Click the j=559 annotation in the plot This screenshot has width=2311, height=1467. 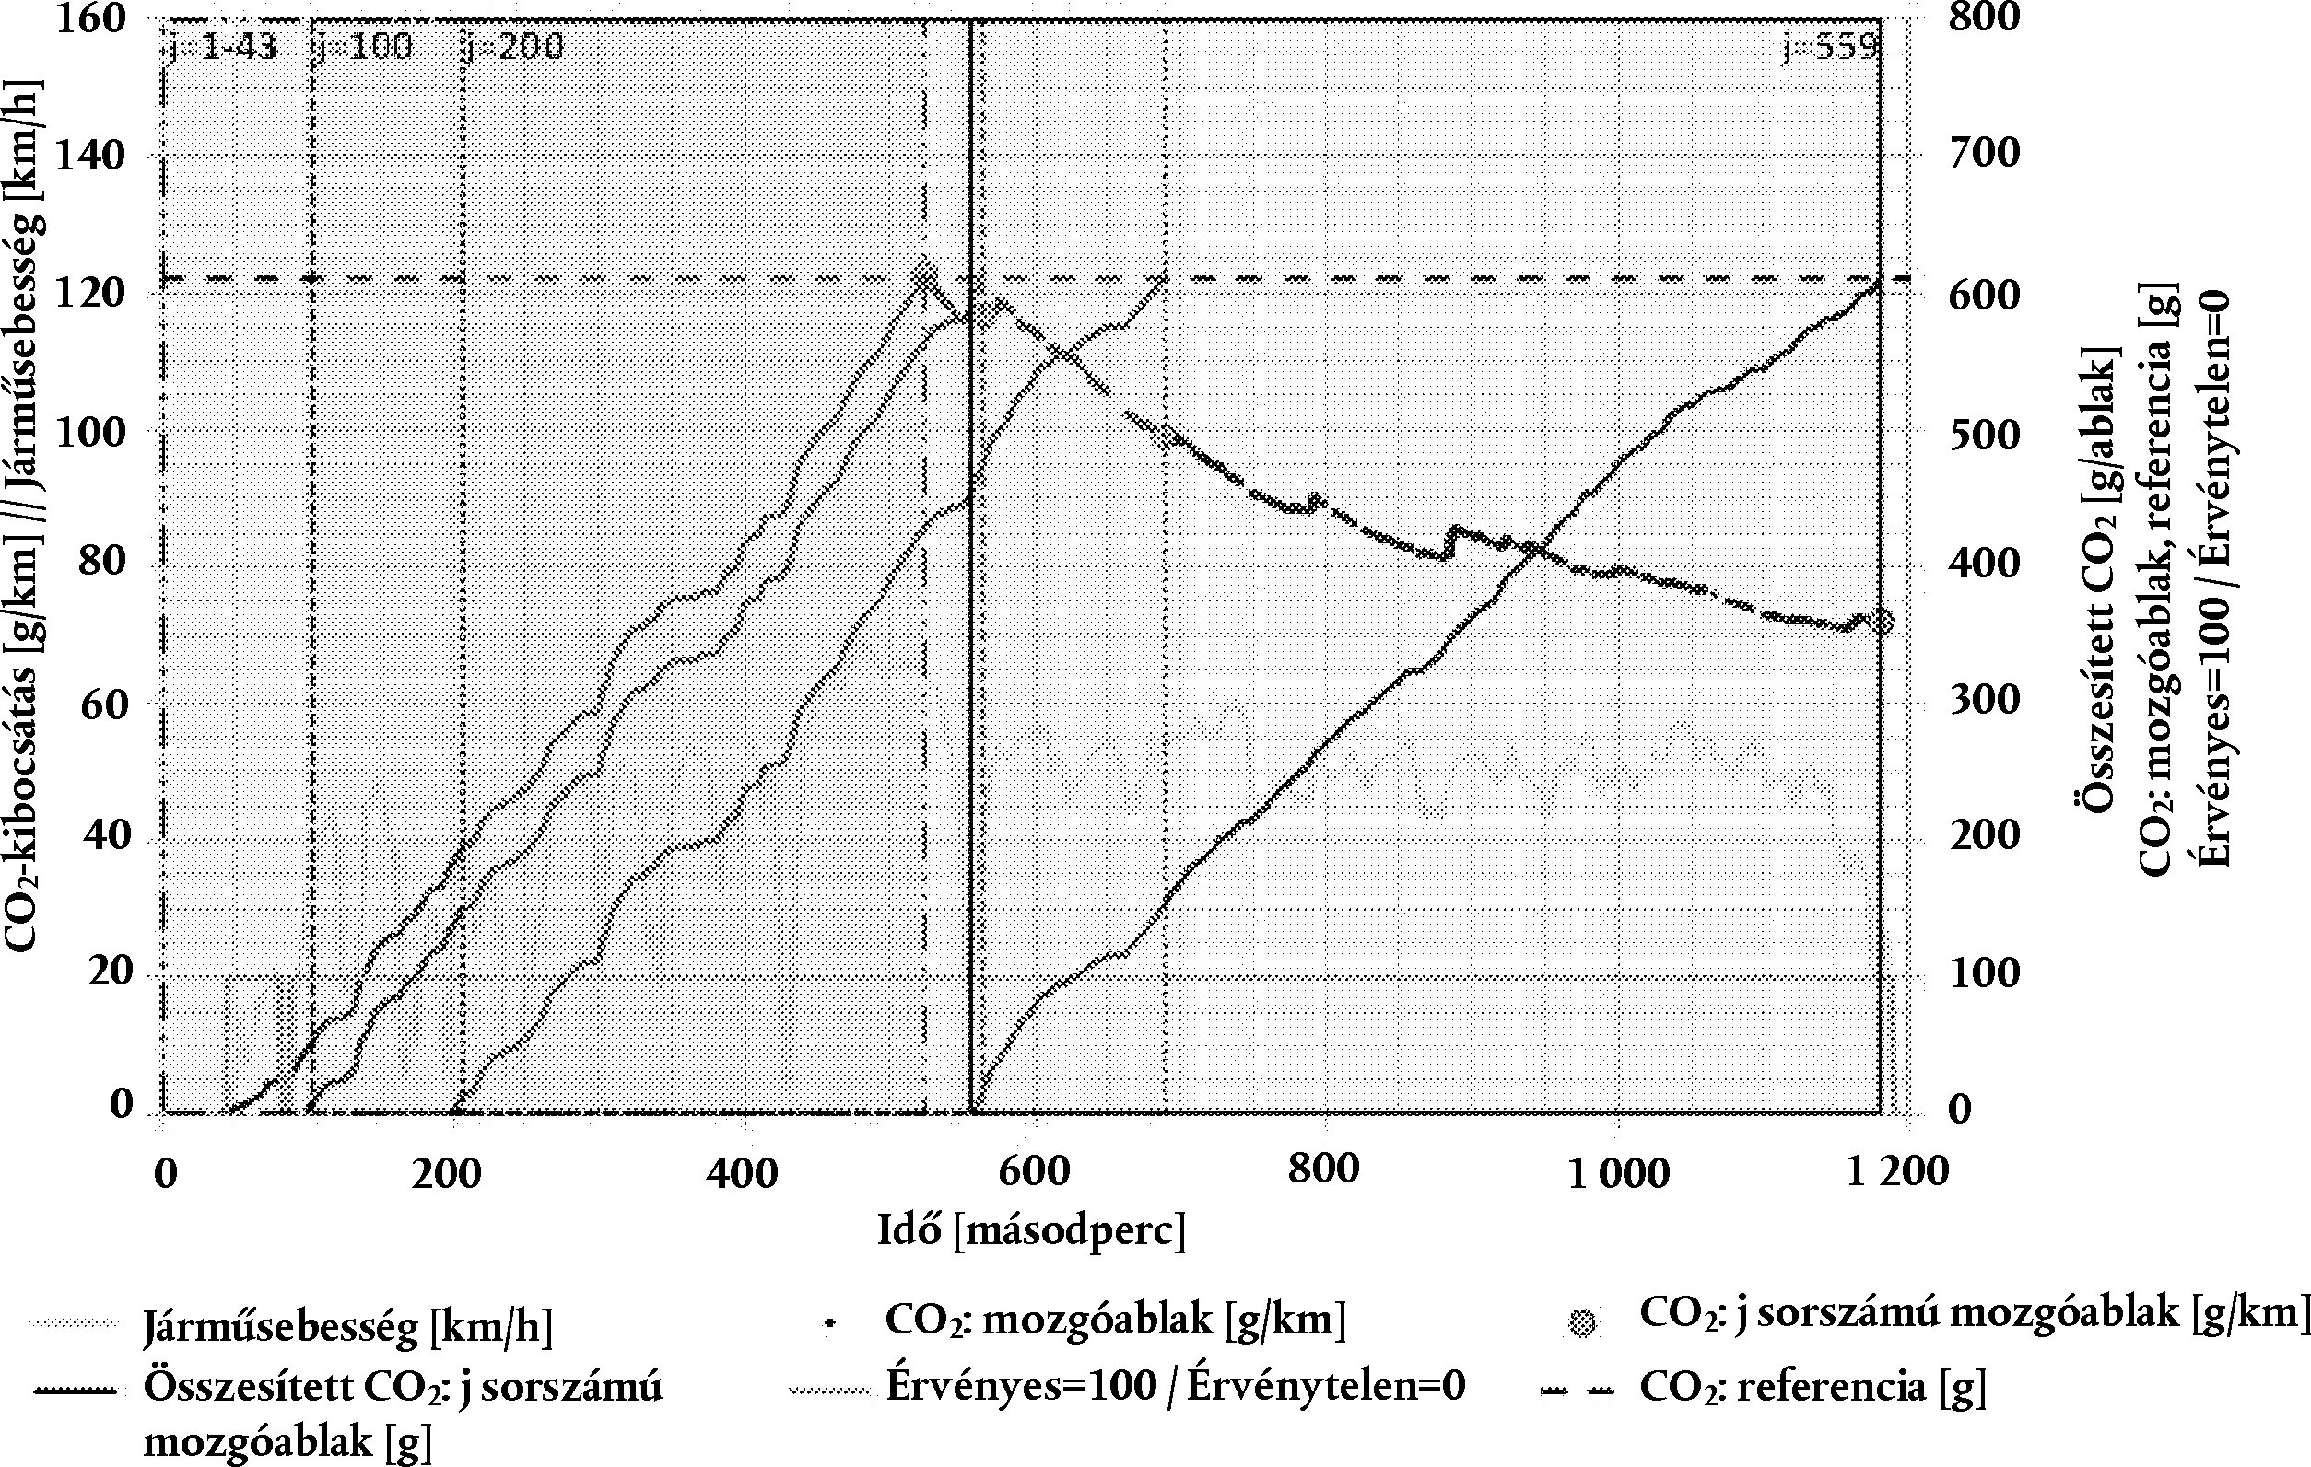coord(1829,47)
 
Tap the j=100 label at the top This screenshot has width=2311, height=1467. coord(363,47)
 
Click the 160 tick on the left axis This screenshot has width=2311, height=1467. coord(91,18)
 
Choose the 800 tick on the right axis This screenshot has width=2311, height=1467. coord(1982,18)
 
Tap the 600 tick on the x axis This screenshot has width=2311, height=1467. coord(1033,1171)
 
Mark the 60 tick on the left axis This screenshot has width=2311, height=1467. coord(102,705)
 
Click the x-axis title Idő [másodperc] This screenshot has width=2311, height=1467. coord(1032,1230)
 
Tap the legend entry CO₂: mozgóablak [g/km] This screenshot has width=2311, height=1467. coord(1114,1321)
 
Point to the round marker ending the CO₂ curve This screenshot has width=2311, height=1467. coord(1882,622)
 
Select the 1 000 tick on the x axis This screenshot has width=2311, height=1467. coord(1618,1171)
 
